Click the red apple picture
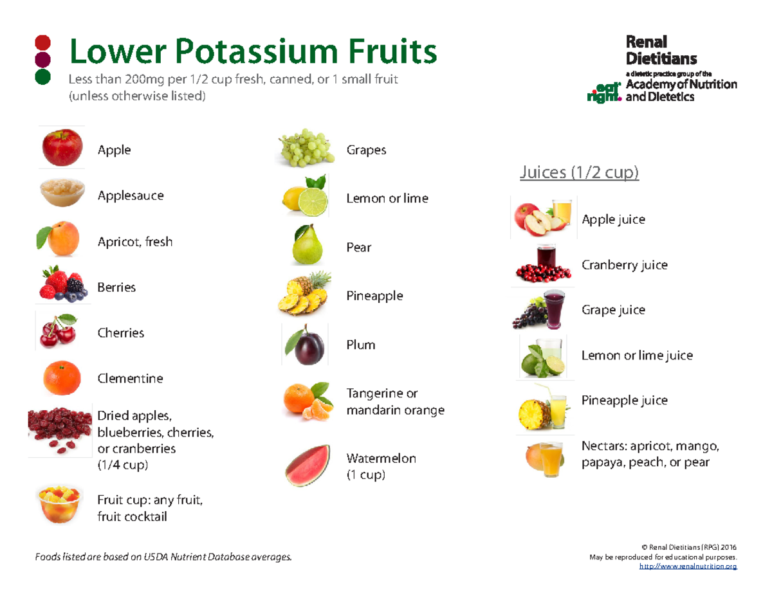point(62,147)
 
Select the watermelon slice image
point(308,465)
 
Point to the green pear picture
point(306,245)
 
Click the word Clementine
point(130,378)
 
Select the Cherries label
point(120,333)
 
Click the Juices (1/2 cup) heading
point(579,173)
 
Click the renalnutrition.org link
point(687,566)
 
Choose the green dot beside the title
point(43,78)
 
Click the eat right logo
point(603,92)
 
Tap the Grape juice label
point(613,310)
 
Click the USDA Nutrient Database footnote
point(165,556)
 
